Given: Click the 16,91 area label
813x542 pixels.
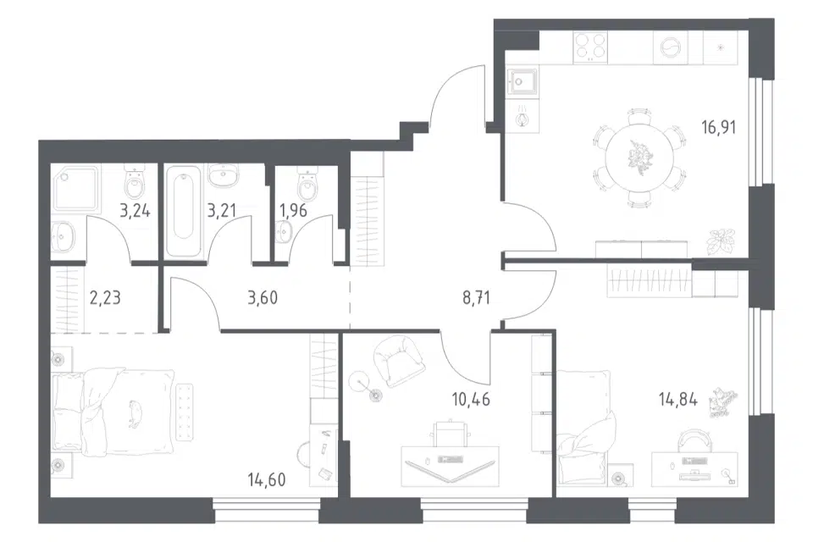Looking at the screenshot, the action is tap(719, 127).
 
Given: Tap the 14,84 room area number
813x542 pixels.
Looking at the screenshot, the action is tap(677, 400).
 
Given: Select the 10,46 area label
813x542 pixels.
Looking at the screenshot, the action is tap(471, 400).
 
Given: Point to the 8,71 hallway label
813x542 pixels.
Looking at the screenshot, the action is tap(476, 298).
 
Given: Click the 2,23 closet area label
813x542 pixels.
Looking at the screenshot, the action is tap(105, 298).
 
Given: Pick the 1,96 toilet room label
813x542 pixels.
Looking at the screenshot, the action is tap(293, 211).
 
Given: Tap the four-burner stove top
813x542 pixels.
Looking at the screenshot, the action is tap(590, 47).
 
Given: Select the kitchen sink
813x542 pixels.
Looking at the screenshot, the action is tap(523, 82).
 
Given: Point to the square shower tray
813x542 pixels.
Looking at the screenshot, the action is tap(75, 189).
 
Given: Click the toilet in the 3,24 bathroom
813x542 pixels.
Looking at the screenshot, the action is tap(135, 183).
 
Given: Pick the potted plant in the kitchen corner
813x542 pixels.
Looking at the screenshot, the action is tap(721, 241).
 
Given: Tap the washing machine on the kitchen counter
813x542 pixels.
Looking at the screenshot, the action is tap(671, 47).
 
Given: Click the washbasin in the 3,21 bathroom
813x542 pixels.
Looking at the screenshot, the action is tap(224, 174).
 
